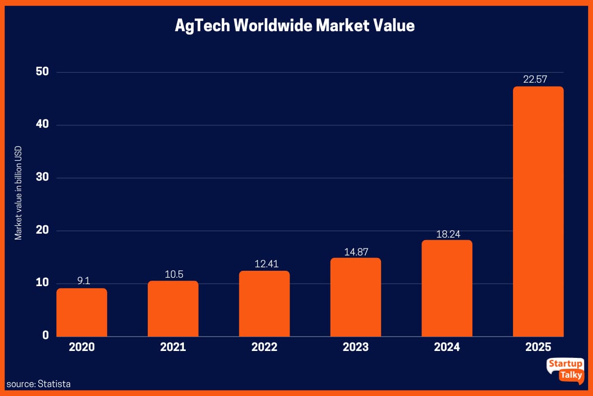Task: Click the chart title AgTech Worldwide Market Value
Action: [x=295, y=26]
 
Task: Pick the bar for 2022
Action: [x=264, y=303]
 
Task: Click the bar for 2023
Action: [x=356, y=297]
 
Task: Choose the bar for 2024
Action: [x=447, y=288]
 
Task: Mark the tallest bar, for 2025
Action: [x=538, y=211]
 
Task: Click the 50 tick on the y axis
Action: [x=42, y=72]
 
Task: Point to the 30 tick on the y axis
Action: [x=42, y=177]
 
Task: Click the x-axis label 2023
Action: [x=355, y=347]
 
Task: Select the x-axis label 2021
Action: [x=173, y=347]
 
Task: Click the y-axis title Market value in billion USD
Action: [x=18, y=193]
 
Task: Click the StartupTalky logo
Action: [x=565, y=370]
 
